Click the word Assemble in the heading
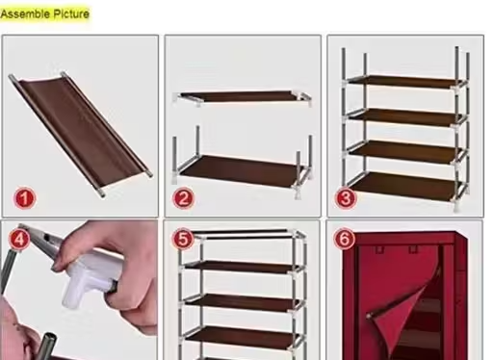point(25,14)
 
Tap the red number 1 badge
point(24,198)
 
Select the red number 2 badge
point(183,198)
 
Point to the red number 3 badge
point(346,198)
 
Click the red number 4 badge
point(19,239)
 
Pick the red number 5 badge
point(183,239)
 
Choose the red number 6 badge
point(345,239)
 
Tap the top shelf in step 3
point(402,82)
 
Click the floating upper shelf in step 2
point(242,97)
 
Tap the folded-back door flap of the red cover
point(404,308)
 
